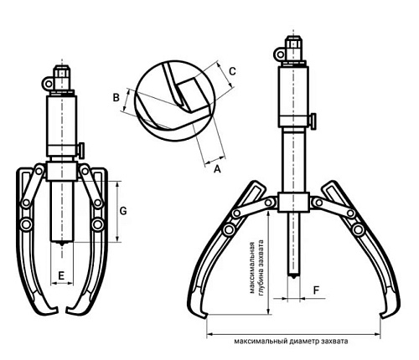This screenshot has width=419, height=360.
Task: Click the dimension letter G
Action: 123,211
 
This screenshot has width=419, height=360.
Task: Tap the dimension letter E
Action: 61,275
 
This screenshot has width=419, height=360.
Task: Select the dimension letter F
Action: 316,291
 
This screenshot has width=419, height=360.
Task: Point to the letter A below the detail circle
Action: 217,169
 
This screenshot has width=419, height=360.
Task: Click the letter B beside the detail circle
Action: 116,98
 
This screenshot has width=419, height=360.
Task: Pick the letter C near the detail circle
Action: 232,71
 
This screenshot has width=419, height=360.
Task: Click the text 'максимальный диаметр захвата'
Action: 291,341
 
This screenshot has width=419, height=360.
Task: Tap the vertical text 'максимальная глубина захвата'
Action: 256,267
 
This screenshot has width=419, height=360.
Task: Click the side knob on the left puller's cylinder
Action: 81,150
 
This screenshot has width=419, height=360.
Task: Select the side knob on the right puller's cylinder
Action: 313,121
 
